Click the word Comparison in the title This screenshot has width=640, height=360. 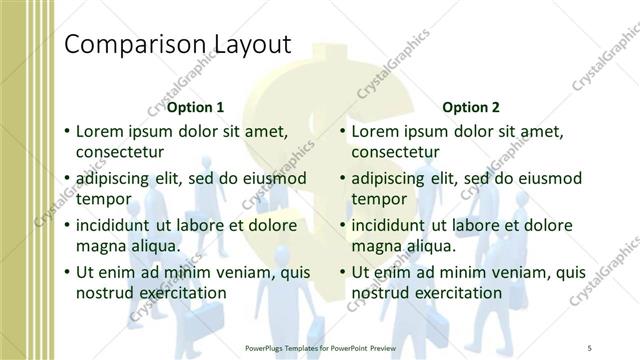point(134,44)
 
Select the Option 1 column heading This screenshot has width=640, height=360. point(195,106)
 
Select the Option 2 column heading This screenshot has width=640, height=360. point(471,106)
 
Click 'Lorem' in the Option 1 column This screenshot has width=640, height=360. point(101,131)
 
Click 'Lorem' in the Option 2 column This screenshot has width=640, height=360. point(377,131)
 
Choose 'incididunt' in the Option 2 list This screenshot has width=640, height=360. point(394,224)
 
